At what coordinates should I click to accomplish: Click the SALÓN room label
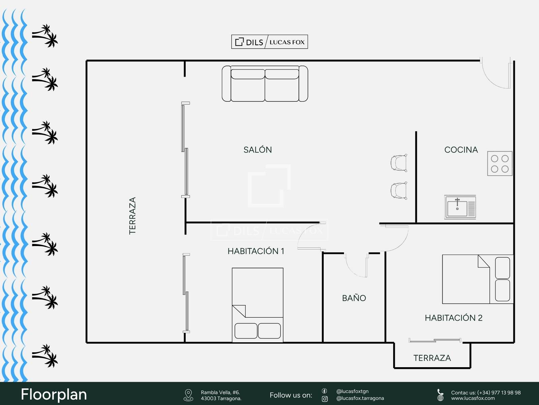(x=258, y=150)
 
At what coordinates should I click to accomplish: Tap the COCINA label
(x=461, y=150)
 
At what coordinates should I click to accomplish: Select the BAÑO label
(x=354, y=298)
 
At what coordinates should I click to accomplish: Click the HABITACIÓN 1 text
(x=256, y=251)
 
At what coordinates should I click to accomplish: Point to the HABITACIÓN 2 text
(x=453, y=318)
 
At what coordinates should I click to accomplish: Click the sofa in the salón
(x=265, y=84)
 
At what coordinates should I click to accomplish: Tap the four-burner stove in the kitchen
(x=500, y=164)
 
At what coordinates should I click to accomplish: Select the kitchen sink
(x=460, y=207)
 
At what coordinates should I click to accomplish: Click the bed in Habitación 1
(x=258, y=305)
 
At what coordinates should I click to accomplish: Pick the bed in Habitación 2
(x=478, y=279)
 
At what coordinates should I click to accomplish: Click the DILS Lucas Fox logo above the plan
(x=269, y=42)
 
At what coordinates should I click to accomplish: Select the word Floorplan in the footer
(x=54, y=395)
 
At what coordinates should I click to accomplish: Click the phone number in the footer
(x=499, y=393)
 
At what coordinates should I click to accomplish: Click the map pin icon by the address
(x=188, y=395)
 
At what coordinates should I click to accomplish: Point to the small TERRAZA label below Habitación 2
(x=432, y=358)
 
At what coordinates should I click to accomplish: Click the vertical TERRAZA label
(x=132, y=216)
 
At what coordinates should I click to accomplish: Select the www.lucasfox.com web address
(x=473, y=398)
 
